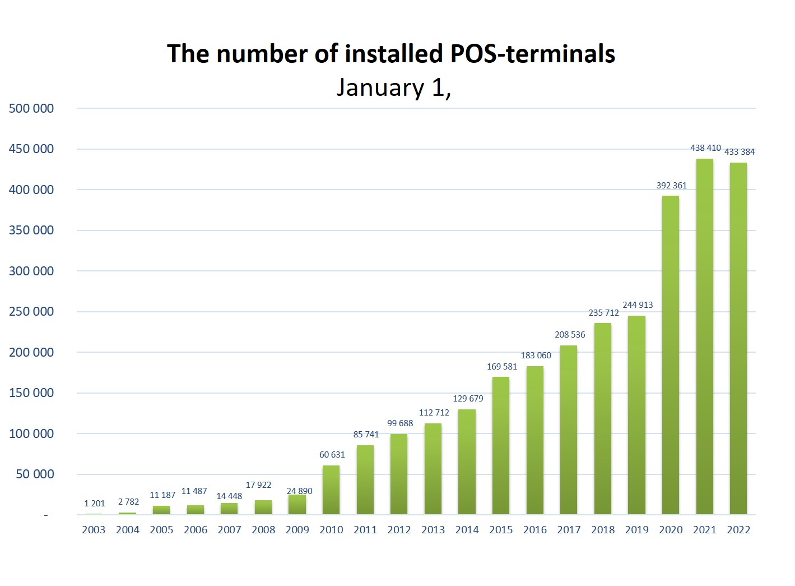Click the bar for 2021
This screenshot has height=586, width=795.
click(x=704, y=336)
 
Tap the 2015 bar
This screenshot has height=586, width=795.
click(x=501, y=445)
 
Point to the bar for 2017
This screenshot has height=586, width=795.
click(x=569, y=430)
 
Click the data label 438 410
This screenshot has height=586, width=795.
click(x=705, y=148)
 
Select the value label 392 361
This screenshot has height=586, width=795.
click(x=671, y=186)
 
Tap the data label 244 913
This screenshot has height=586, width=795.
click(x=638, y=305)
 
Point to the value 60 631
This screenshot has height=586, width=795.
click(x=332, y=455)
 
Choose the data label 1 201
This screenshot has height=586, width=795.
click(x=95, y=504)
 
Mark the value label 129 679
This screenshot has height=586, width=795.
click(x=468, y=399)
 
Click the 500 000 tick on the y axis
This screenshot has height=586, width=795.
click(x=31, y=109)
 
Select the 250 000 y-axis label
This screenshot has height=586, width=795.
click(x=31, y=312)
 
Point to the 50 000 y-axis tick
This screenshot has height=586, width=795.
click(x=35, y=474)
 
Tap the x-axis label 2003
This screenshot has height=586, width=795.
click(x=94, y=530)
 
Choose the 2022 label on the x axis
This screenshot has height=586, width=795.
click(x=738, y=530)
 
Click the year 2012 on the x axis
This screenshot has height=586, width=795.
click(x=399, y=530)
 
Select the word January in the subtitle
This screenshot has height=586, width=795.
click(x=380, y=88)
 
